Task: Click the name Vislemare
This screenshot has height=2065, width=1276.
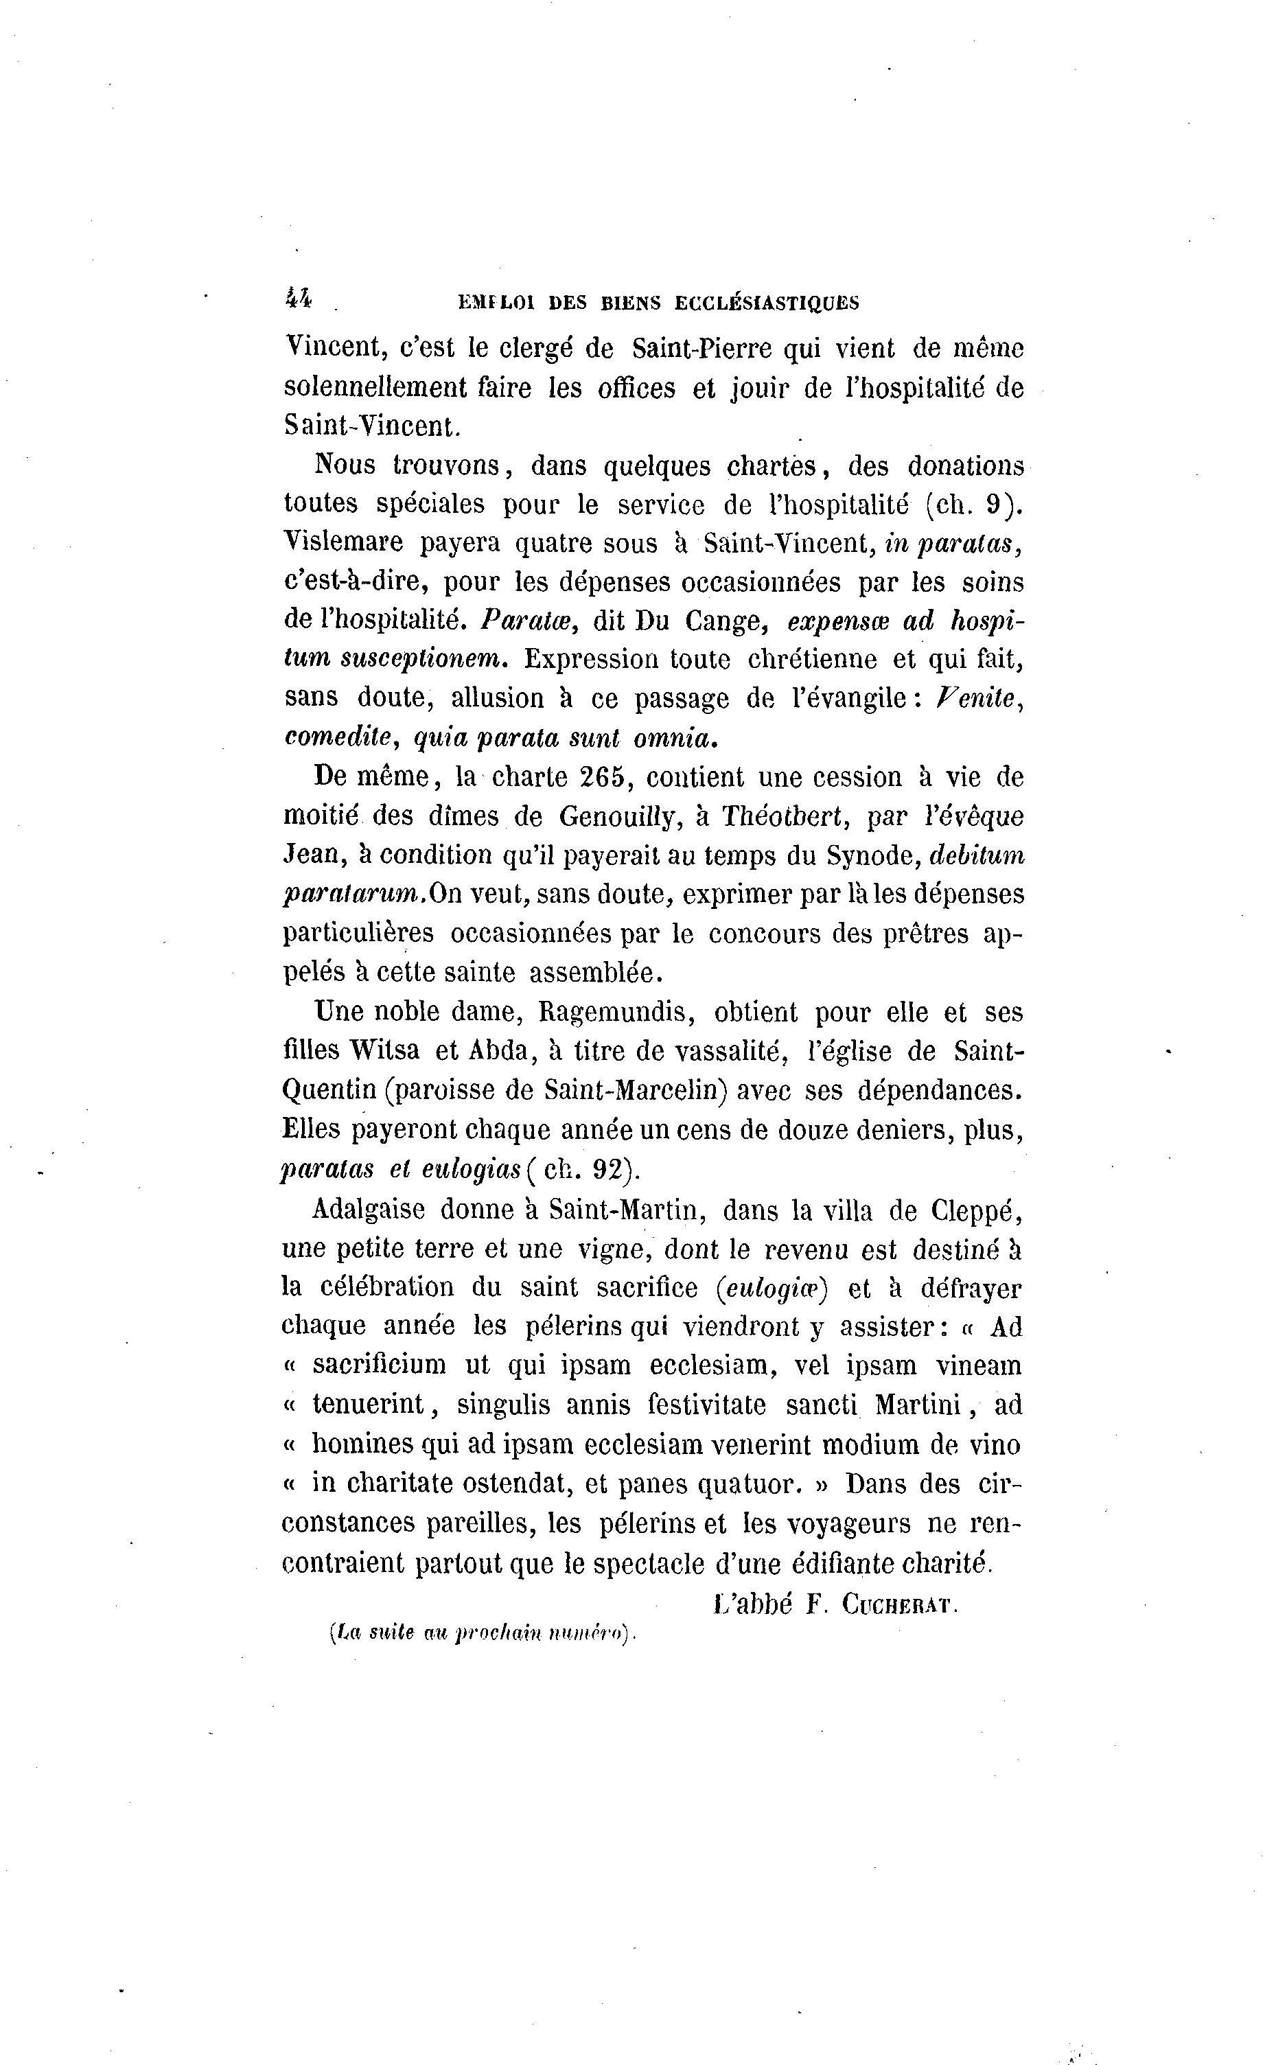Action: pos(343,542)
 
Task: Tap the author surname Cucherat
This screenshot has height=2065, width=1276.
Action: pos(898,1606)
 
